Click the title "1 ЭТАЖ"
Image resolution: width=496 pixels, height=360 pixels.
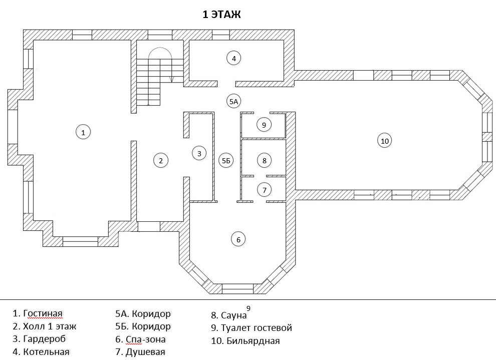(x=221, y=15)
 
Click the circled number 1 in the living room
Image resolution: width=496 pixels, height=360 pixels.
(x=83, y=132)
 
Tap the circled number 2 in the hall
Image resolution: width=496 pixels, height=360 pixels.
(x=161, y=160)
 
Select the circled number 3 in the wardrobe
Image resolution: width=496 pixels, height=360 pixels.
(x=199, y=153)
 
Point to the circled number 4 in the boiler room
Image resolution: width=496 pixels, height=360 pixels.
(x=233, y=58)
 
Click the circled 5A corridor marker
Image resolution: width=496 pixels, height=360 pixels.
(x=233, y=101)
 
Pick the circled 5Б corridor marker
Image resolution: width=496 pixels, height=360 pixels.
(x=226, y=160)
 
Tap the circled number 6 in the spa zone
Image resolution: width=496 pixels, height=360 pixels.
(x=238, y=240)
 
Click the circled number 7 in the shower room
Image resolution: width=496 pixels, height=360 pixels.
(x=264, y=190)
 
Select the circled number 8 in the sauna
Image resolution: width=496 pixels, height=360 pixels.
(x=264, y=160)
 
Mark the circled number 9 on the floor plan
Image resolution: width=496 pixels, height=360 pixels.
(x=264, y=125)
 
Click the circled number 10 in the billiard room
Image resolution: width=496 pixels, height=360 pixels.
(x=384, y=141)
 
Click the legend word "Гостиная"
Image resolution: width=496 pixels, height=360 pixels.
(x=43, y=314)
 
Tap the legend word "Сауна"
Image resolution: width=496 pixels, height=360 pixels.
(x=234, y=315)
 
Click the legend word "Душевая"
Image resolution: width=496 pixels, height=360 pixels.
(x=146, y=351)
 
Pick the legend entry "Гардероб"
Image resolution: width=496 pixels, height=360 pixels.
(x=46, y=339)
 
